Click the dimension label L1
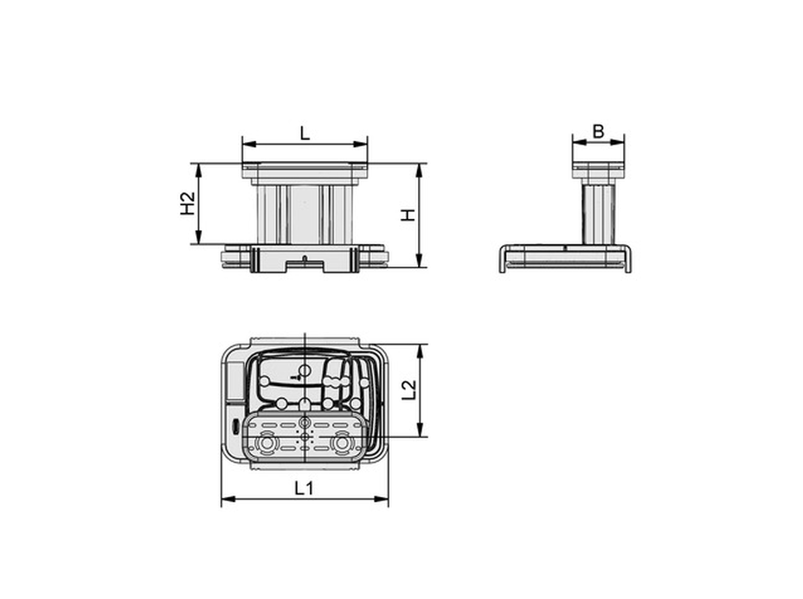[x=304, y=488]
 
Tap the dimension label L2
[x=408, y=390]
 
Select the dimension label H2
[x=188, y=203]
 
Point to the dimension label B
[x=598, y=132]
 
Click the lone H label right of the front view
[x=408, y=216]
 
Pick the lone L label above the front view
[x=305, y=133]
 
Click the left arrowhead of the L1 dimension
[x=228, y=499]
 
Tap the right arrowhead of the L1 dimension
[x=382, y=499]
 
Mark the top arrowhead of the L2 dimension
[x=420, y=351]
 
